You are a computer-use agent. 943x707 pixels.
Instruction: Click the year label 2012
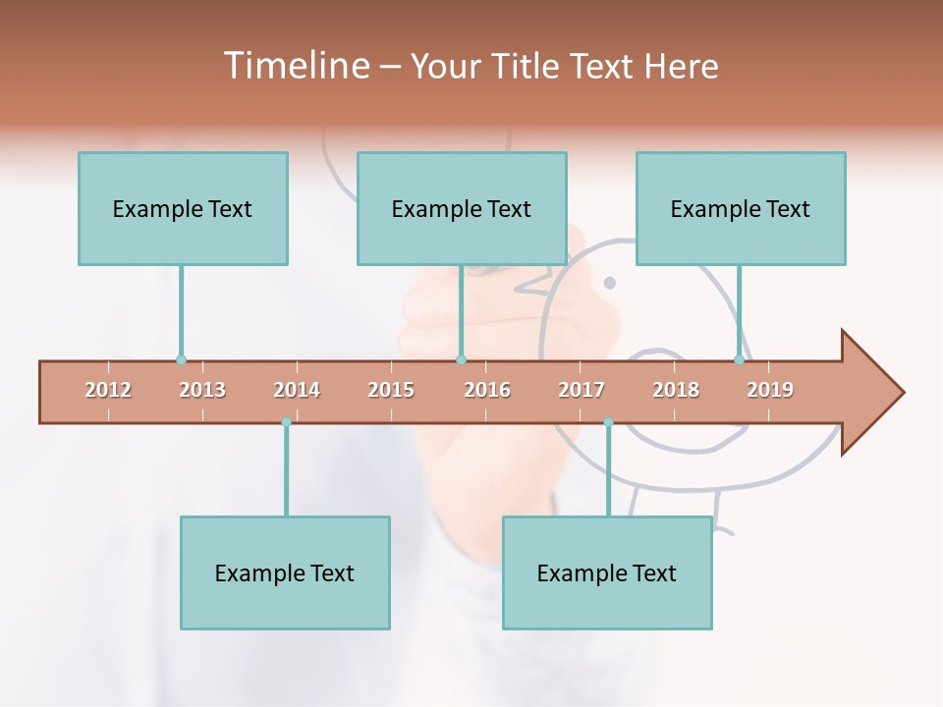click(x=108, y=390)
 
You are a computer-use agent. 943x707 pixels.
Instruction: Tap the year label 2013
click(x=202, y=390)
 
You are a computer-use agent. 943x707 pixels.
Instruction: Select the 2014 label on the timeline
click(x=297, y=390)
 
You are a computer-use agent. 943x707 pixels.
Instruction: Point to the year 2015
click(x=391, y=390)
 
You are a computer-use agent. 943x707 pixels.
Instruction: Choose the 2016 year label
click(x=487, y=390)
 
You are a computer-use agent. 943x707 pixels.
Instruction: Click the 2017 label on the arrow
click(x=582, y=390)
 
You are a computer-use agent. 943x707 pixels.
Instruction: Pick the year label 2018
click(x=676, y=390)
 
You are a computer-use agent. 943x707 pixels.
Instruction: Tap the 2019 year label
click(x=770, y=390)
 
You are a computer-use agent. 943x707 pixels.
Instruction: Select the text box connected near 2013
click(x=183, y=208)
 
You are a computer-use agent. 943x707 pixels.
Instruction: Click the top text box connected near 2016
click(x=462, y=208)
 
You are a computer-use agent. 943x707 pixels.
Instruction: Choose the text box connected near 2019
click(x=741, y=208)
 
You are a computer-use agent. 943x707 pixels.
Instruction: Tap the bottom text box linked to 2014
click(x=285, y=572)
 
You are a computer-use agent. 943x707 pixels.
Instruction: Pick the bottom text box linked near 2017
click(x=607, y=572)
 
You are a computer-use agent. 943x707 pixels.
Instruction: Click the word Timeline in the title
click(x=295, y=66)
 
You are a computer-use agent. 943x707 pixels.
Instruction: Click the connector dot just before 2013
click(x=181, y=359)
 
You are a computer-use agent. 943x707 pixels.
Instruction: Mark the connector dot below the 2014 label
click(x=286, y=422)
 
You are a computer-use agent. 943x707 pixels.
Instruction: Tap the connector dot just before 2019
click(x=739, y=359)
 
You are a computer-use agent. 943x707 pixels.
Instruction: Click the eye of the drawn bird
click(x=609, y=283)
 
